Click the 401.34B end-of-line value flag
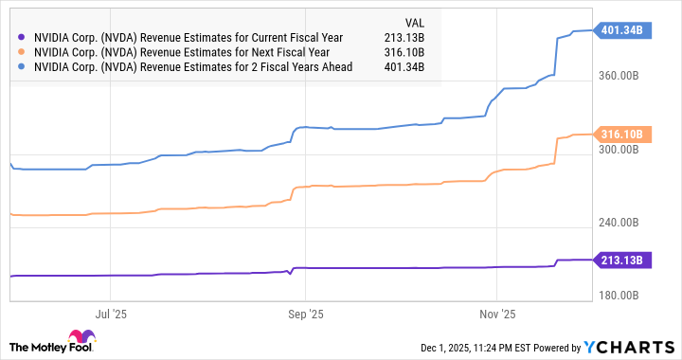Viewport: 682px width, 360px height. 621,29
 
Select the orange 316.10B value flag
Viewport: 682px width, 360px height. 621,135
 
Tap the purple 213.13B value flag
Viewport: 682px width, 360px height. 621,260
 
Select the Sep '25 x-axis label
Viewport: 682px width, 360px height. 305,312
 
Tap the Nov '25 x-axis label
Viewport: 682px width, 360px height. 496,312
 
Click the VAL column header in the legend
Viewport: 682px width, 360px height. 413,22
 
